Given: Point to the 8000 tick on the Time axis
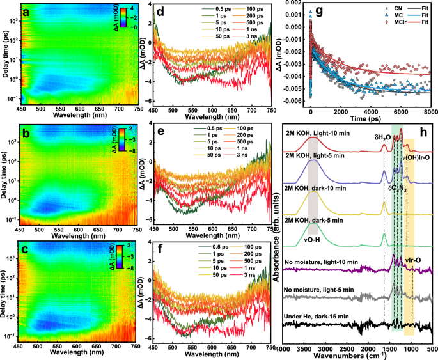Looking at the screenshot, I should click(430, 113).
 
